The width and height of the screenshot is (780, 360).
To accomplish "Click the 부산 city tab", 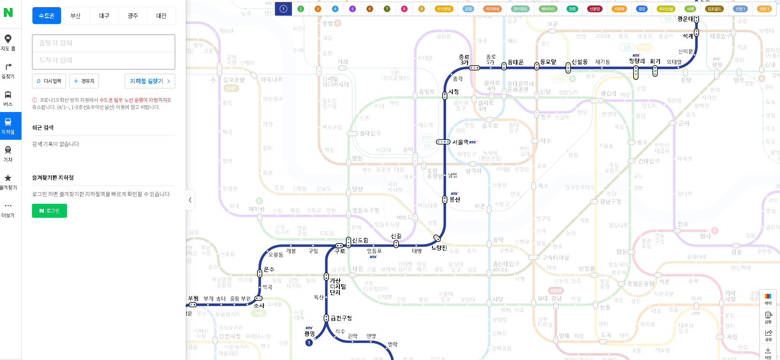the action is click(x=75, y=16).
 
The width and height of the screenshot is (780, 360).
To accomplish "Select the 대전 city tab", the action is click(x=161, y=16).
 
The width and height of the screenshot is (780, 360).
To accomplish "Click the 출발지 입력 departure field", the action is click(x=103, y=43).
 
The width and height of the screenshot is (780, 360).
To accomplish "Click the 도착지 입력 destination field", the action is click(x=103, y=60).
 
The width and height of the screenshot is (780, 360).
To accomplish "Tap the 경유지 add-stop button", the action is click(x=84, y=81).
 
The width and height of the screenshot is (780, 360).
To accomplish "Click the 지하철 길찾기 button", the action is click(x=150, y=81).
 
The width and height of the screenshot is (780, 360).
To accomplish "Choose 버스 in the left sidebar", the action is click(x=8, y=98).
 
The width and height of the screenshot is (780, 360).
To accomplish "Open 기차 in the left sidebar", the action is click(x=8, y=154).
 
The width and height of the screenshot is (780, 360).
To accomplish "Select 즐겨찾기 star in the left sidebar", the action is click(x=8, y=181).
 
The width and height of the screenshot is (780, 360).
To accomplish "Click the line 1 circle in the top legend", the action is click(x=283, y=9).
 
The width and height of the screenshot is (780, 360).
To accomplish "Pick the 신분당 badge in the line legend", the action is click(x=595, y=9).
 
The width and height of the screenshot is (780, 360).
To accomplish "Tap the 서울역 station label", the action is click(x=460, y=142).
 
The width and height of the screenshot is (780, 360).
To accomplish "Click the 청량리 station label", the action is click(x=637, y=61).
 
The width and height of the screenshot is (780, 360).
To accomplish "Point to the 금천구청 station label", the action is click(x=341, y=318).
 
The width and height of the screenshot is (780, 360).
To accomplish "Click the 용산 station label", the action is click(x=455, y=200).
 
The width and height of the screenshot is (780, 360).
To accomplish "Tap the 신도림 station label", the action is click(x=360, y=240).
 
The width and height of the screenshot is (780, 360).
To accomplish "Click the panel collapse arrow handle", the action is click(x=190, y=200).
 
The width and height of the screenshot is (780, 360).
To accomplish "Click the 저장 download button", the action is click(x=768, y=353).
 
